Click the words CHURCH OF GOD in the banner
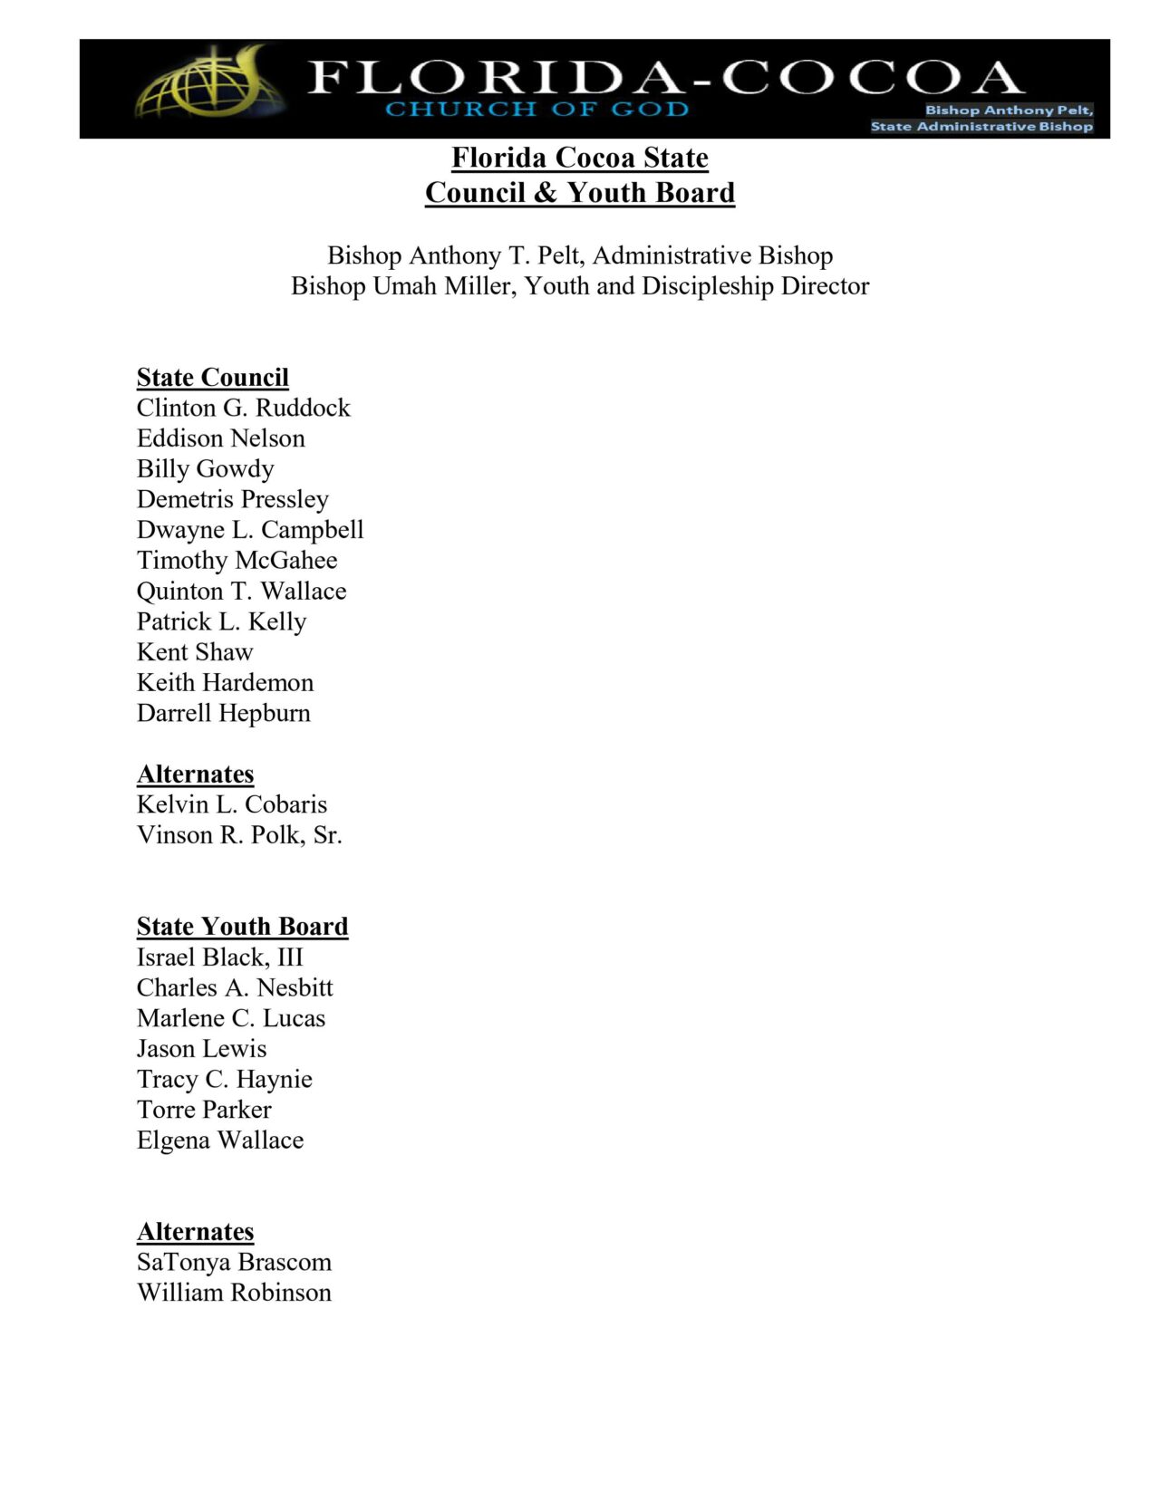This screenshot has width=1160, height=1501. tap(536, 110)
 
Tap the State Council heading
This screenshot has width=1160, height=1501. tap(213, 377)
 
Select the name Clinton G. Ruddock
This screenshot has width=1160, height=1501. tap(243, 408)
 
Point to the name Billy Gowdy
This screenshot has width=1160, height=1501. tap(205, 468)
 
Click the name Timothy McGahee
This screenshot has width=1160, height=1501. tap(237, 560)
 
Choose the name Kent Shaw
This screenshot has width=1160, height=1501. tap(195, 651)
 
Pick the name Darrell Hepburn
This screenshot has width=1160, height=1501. tap(223, 713)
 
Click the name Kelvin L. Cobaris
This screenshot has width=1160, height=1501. tap(232, 804)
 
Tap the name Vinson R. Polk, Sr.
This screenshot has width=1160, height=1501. tap(239, 834)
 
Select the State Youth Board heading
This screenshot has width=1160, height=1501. tap(242, 926)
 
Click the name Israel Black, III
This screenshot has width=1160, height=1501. tap(220, 957)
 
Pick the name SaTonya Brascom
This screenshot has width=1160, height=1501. tap(234, 1262)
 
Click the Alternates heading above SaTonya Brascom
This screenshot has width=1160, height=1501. tap(195, 1231)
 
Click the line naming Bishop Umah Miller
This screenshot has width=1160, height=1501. tap(580, 286)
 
